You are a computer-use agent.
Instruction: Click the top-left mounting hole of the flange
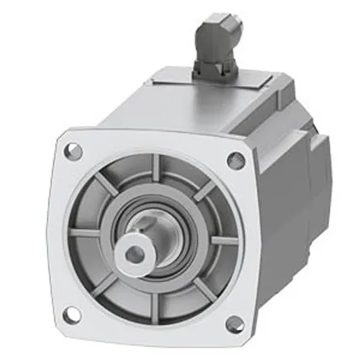[74, 150]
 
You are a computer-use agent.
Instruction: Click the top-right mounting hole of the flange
[236, 160]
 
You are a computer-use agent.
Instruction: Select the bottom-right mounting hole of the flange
[234, 324]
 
